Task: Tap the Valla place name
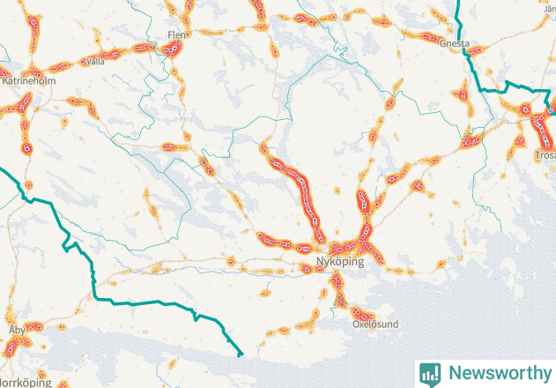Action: click(x=95, y=62)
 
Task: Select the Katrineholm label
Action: click(x=29, y=80)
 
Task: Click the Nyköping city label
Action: click(x=338, y=262)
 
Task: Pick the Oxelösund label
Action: click(x=375, y=324)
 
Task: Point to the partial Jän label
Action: click(x=546, y=8)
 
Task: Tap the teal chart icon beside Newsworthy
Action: click(x=430, y=373)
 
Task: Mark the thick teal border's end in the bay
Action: click(x=240, y=354)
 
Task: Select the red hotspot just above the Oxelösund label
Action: click(x=360, y=312)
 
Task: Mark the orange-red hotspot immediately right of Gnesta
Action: click(x=481, y=46)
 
